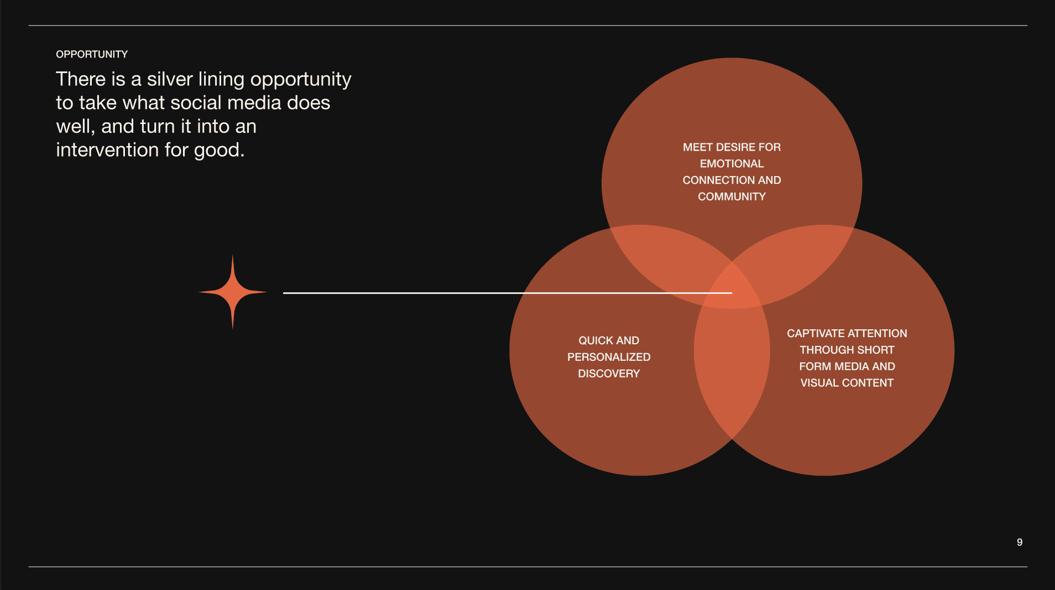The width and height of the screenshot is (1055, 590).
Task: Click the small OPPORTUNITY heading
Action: [92, 54]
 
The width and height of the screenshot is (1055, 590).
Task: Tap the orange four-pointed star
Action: [233, 292]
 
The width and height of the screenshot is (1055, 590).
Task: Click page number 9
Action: [1020, 542]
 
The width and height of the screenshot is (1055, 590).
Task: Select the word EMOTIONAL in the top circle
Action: [732, 164]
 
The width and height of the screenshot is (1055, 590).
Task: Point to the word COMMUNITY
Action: [732, 196]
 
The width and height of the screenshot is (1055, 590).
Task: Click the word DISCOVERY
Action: [609, 374]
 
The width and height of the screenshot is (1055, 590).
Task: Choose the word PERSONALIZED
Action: [609, 357]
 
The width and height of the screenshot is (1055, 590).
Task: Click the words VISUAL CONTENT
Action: [847, 383]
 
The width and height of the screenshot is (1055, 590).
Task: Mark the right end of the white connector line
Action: [731, 293]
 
